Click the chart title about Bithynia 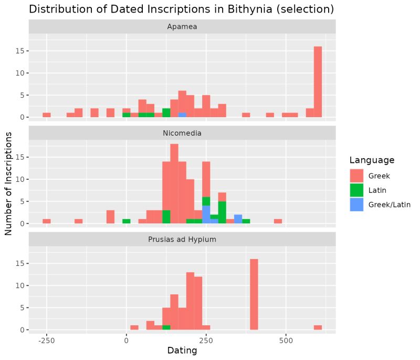tap(181, 9)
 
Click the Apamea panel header tap(182, 27)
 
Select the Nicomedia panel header tap(182, 133)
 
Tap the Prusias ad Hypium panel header tap(182, 240)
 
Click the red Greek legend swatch tap(356, 176)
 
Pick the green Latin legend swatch tap(356, 190)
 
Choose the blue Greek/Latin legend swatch tap(356, 204)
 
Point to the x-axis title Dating tap(182, 351)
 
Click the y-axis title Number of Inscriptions tap(9, 183)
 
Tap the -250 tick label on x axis tap(47, 340)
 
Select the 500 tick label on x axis tap(286, 340)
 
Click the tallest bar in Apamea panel tap(318, 81)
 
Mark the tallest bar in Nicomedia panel tap(174, 183)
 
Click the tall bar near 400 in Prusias tap(254, 294)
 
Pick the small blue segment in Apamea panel tap(182, 115)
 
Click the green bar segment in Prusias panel tap(166, 327)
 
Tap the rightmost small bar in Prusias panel tap(318, 327)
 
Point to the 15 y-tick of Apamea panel tap(20, 51)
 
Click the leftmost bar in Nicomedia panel tap(47, 221)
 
